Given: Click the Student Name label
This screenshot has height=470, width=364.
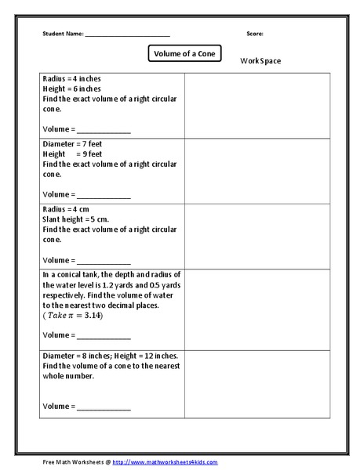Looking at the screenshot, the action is [63, 34].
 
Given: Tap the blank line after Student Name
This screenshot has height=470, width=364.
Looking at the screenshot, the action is [127, 36].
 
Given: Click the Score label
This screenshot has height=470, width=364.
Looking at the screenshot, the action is [254, 34].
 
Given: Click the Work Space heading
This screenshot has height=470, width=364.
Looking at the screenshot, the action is [260, 61].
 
